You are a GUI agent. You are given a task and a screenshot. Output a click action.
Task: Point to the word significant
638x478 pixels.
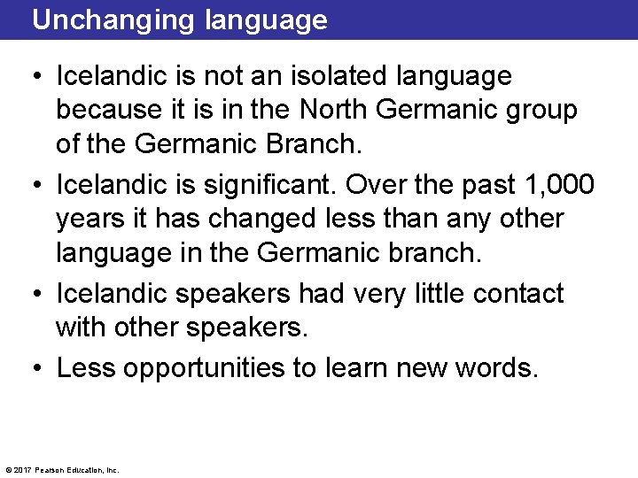coord(276,185)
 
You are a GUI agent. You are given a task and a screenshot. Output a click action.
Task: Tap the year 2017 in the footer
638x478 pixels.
coord(21,470)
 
